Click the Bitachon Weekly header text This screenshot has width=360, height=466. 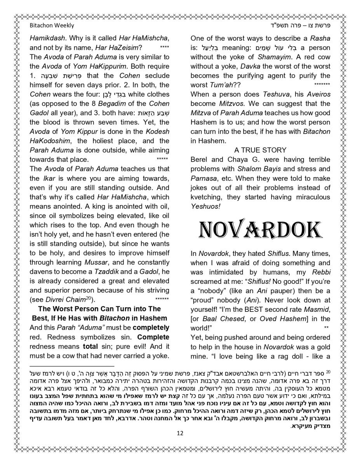tap(52, 26)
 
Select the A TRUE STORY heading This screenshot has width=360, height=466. tap(260, 150)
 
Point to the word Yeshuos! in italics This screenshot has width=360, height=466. tap(205, 207)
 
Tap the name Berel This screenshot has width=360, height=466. tap(199, 160)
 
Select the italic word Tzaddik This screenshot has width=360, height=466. tap(106, 272)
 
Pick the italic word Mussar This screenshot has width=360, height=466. tap(96, 263)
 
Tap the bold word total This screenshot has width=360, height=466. tap(89, 346)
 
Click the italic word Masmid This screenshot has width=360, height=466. tap(318, 310)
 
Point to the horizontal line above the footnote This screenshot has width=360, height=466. tap(72, 366)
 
